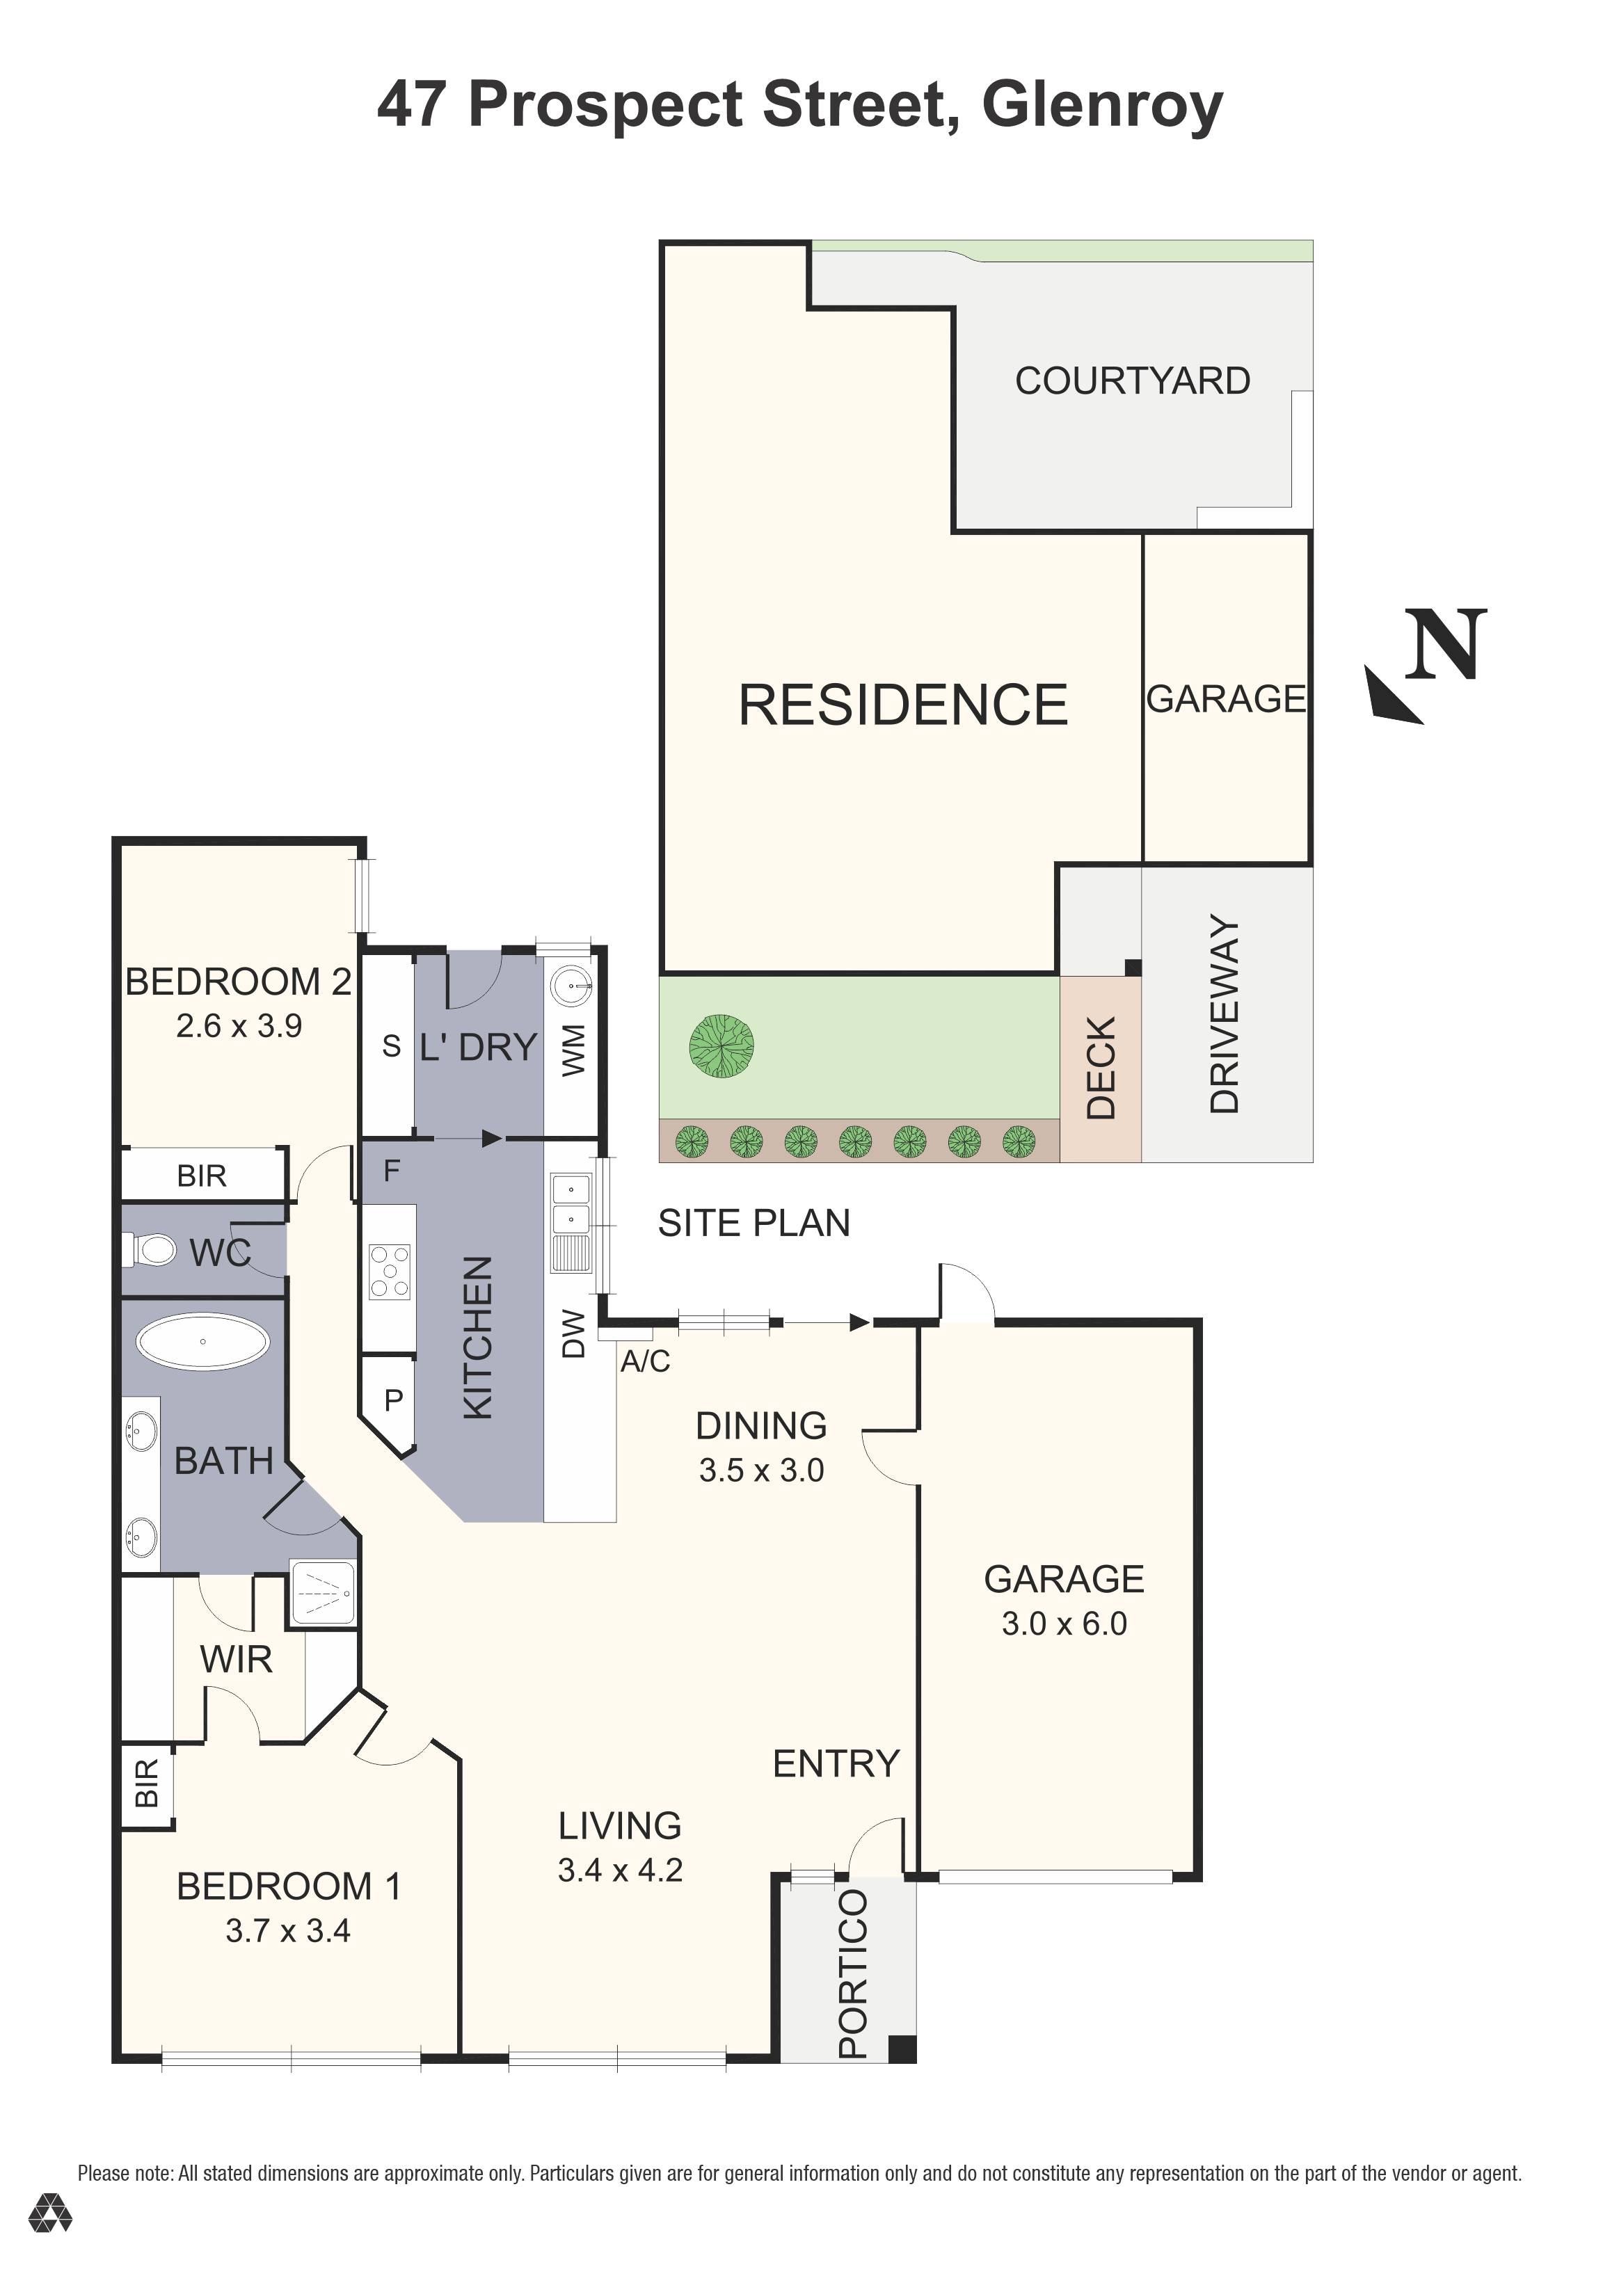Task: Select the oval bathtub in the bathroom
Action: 202,1343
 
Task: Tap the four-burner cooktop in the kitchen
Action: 389,1272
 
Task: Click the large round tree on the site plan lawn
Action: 721,1047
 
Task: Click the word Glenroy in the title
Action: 1102,106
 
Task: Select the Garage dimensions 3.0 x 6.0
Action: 1064,1624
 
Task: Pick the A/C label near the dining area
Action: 646,1362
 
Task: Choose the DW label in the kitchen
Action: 574,1333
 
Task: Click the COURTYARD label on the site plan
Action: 1132,380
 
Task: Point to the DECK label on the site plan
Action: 1101,1068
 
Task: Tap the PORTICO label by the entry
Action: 852,1973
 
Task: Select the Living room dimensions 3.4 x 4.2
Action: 620,1870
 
